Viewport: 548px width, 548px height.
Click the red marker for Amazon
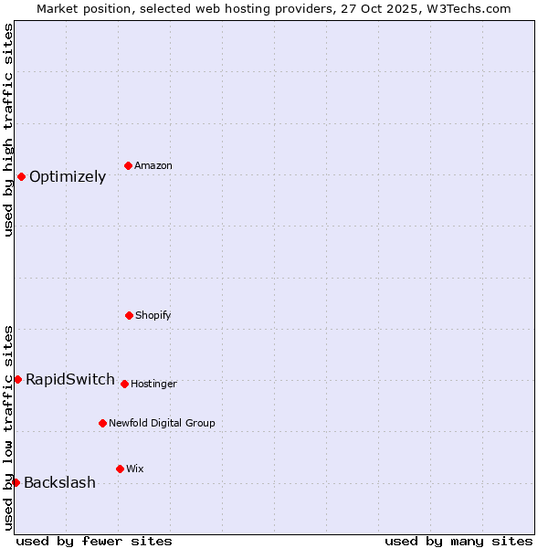(x=129, y=165)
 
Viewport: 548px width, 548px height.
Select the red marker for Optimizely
(x=21, y=176)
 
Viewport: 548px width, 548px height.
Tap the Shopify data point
(x=129, y=315)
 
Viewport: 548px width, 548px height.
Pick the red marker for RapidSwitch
(x=17, y=379)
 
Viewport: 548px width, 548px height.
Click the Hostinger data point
(x=124, y=384)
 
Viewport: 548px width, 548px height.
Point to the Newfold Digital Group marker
(x=102, y=423)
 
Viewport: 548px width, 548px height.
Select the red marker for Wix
(x=120, y=469)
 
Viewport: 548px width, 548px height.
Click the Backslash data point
(x=16, y=482)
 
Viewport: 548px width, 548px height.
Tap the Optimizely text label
(x=68, y=177)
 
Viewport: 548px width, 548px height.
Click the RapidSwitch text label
(x=70, y=380)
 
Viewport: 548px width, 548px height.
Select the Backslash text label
(x=59, y=483)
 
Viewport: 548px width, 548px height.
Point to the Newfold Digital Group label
(x=162, y=424)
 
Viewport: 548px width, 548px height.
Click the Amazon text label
(x=153, y=166)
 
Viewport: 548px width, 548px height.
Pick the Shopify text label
(x=153, y=316)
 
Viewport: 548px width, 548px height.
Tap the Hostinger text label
(x=153, y=385)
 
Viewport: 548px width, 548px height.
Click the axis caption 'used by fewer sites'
(x=94, y=541)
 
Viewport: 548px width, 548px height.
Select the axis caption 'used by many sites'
(x=458, y=541)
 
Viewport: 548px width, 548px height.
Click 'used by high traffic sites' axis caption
(x=8, y=130)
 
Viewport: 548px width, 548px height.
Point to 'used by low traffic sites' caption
(x=8, y=427)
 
